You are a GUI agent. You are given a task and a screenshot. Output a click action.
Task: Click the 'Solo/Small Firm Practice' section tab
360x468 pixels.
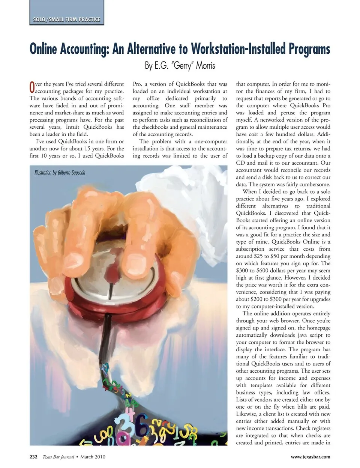(x=66, y=19)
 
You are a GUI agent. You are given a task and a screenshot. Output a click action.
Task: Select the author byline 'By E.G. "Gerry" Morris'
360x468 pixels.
(x=180, y=66)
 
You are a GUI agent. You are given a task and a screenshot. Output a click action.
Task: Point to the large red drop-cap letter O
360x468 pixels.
(x=32, y=87)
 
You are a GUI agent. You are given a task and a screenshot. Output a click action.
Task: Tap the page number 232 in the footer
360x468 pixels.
(x=33, y=457)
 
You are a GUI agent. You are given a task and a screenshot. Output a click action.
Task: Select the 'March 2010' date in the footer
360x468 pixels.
(x=93, y=457)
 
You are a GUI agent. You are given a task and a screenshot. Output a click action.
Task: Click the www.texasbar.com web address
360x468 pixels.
(x=310, y=457)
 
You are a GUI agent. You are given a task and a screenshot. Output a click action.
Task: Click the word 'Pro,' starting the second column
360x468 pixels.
(x=137, y=84)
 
